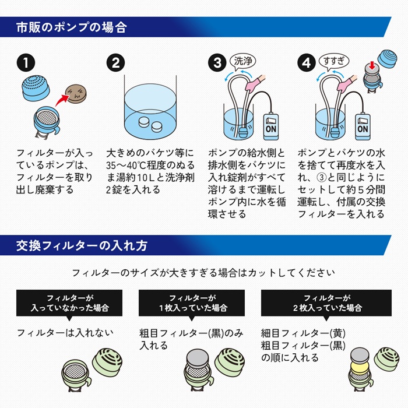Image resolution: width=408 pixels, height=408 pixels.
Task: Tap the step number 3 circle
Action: click(x=216, y=62)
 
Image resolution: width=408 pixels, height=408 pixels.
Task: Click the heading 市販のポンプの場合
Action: click(x=71, y=27)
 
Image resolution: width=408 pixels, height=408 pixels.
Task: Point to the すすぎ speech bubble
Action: click(x=333, y=60)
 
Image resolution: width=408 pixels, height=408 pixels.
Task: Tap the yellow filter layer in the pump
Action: click(x=361, y=366)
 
